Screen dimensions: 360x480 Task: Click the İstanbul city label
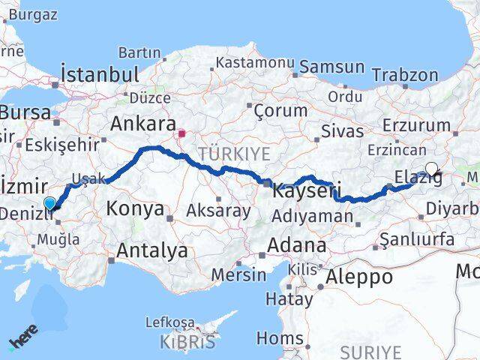(100, 75)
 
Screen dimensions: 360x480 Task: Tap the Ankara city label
(142, 123)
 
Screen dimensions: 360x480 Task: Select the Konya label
(135, 208)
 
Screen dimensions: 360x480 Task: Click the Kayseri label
(306, 190)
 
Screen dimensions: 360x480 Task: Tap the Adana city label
(298, 245)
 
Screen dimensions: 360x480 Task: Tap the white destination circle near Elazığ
(431, 169)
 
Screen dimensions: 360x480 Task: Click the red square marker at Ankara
(181, 134)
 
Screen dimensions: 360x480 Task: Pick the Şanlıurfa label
(417, 239)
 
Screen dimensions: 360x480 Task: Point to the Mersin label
(238, 274)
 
